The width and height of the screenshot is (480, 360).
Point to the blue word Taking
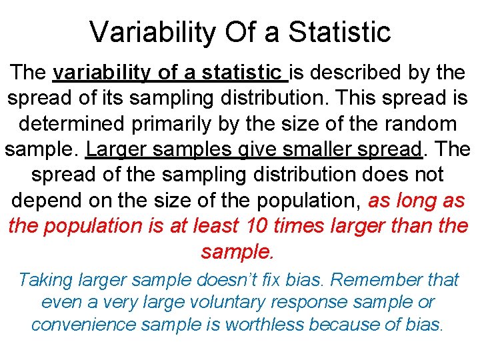(47, 279)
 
